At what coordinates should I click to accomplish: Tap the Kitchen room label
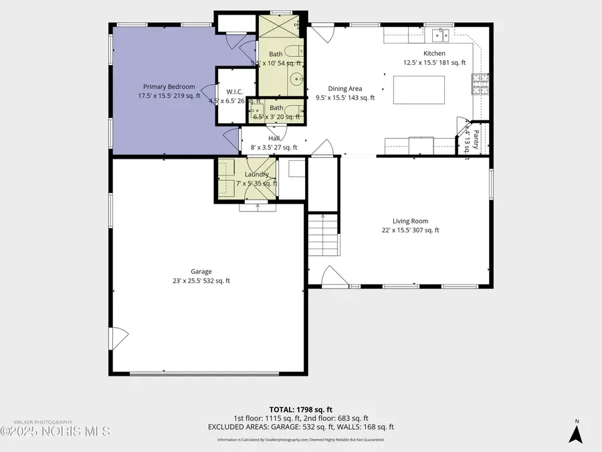coord(433,54)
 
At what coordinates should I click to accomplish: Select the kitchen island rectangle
coord(419,90)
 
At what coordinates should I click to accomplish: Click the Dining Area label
coord(344,88)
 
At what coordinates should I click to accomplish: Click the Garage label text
coord(201,271)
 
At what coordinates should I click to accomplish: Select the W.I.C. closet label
coord(234,92)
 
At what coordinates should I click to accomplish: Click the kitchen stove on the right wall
coord(480,84)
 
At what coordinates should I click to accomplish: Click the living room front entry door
coord(332,276)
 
